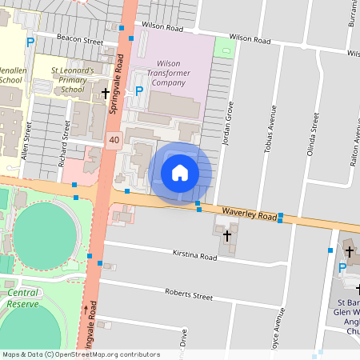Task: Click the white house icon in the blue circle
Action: click(x=180, y=172)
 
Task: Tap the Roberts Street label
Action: click(x=189, y=295)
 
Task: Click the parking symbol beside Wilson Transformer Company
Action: click(x=138, y=90)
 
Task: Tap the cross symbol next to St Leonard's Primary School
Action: click(x=105, y=94)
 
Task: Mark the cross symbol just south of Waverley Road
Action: click(x=226, y=236)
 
